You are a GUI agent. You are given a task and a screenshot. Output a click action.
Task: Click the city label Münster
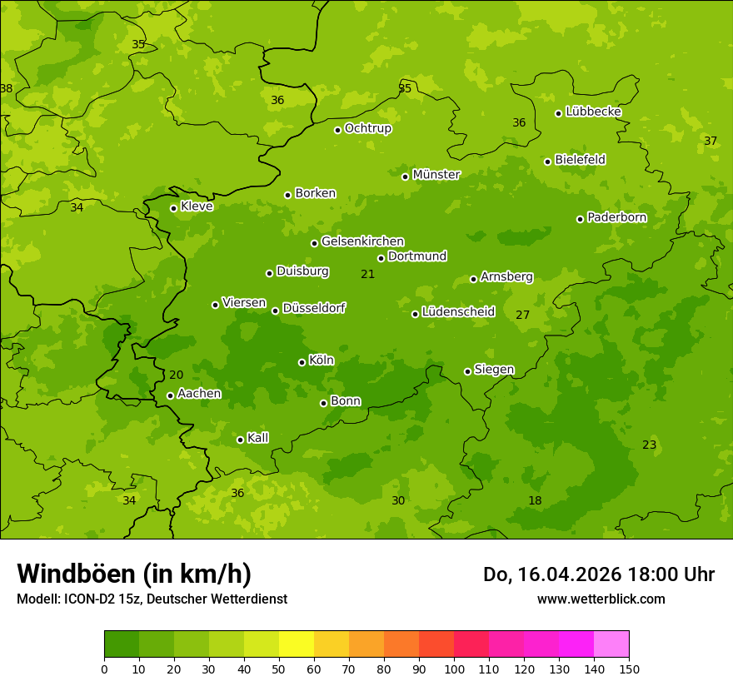pyautogui.click(x=436, y=175)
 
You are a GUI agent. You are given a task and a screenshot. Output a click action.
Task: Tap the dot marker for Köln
pyautogui.click(x=302, y=362)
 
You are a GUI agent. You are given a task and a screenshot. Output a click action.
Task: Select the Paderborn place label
pyautogui.click(x=616, y=217)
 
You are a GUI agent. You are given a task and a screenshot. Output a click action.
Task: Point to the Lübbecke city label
pyautogui.click(x=593, y=112)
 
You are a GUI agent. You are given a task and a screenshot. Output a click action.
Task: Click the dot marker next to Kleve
pyautogui.click(x=173, y=208)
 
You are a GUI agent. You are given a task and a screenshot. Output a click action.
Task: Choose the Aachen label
pyautogui.click(x=199, y=394)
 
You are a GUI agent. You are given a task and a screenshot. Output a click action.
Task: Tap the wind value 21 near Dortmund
pyautogui.click(x=367, y=274)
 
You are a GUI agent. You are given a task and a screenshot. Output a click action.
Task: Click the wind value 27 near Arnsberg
pyautogui.click(x=522, y=315)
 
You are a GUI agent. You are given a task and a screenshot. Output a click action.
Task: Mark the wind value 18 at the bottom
pyautogui.click(x=535, y=500)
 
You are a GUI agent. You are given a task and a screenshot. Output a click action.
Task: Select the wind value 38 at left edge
pyautogui.click(x=7, y=88)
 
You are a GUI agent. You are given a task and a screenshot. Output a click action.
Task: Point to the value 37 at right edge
pyautogui.click(x=710, y=141)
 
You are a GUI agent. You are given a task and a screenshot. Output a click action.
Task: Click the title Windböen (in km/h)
pyautogui.click(x=134, y=574)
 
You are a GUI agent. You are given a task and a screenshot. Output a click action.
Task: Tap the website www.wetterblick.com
pyautogui.click(x=601, y=599)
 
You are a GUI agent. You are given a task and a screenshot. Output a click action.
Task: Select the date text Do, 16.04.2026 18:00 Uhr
pyautogui.click(x=598, y=574)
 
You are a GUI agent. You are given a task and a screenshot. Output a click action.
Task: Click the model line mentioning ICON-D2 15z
pyautogui.click(x=152, y=599)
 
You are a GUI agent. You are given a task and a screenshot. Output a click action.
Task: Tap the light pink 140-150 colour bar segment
pyautogui.click(x=611, y=644)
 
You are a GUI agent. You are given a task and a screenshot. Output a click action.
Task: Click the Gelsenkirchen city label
pyautogui.click(x=362, y=241)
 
